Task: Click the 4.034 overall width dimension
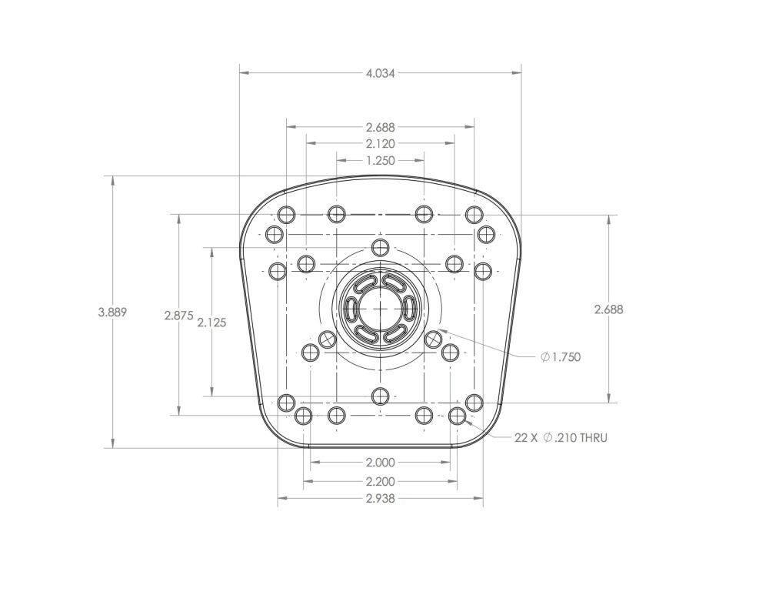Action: pos(380,74)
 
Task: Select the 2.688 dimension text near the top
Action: pos(380,127)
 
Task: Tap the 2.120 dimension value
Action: pos(380,144)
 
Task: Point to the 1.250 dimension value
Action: pos(380,161)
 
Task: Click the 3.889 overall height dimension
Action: pos(113,312)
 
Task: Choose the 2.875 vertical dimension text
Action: pos(179,315)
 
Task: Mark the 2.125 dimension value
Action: pos(212,323)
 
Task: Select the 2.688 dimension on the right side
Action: pos(608,309)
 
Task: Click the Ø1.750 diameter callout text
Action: pos(561,357)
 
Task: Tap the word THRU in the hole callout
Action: pos(594,437)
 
